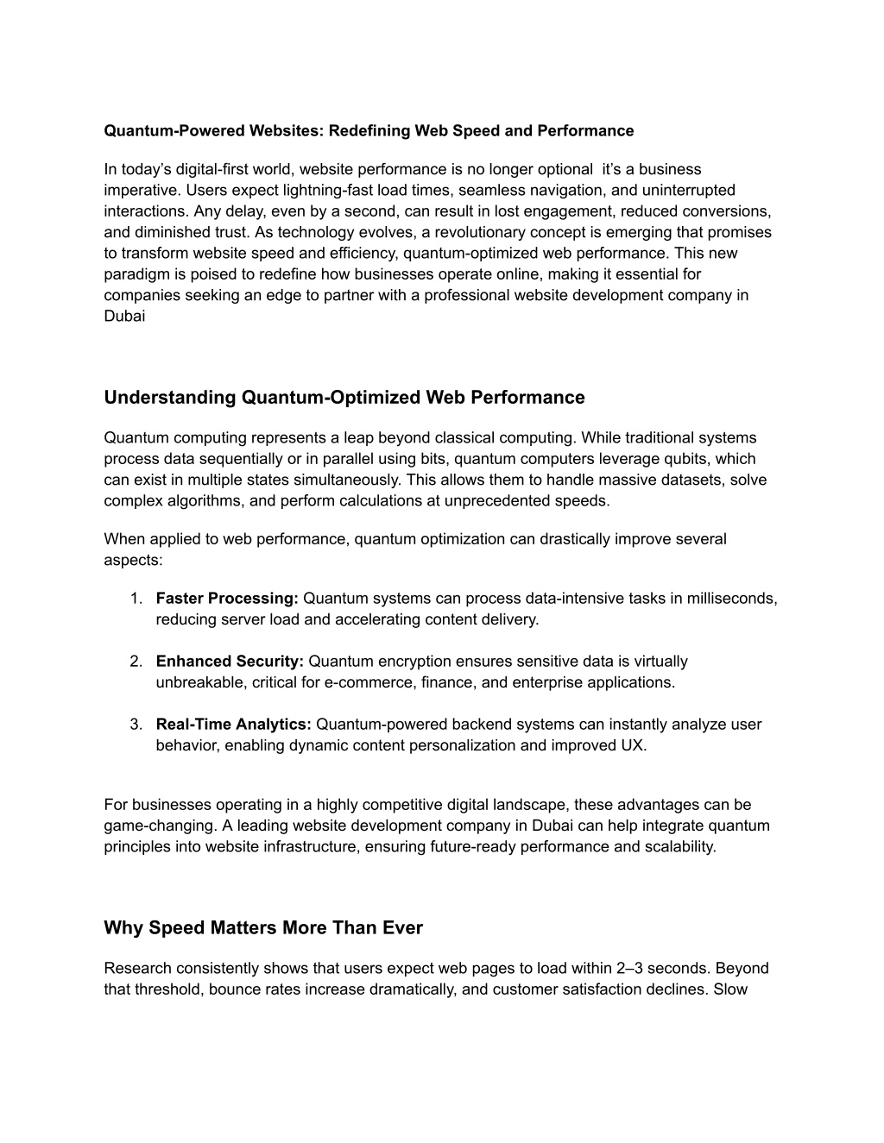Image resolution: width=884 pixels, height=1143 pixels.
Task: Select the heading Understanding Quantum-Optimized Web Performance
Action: coord(344,398)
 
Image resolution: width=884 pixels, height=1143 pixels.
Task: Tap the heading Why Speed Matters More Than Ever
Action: coord(263,928)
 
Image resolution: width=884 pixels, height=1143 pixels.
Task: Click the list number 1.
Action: coord(136,599)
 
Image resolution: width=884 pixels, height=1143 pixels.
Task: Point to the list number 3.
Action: coord(136,725)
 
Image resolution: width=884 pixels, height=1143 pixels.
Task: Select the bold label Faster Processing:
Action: coord(227,599)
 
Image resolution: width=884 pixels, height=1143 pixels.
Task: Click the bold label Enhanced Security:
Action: coord(230,662)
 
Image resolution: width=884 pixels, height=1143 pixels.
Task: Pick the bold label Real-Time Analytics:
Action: coord(233,725)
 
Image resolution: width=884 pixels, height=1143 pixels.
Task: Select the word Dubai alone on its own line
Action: coord(124,316)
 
